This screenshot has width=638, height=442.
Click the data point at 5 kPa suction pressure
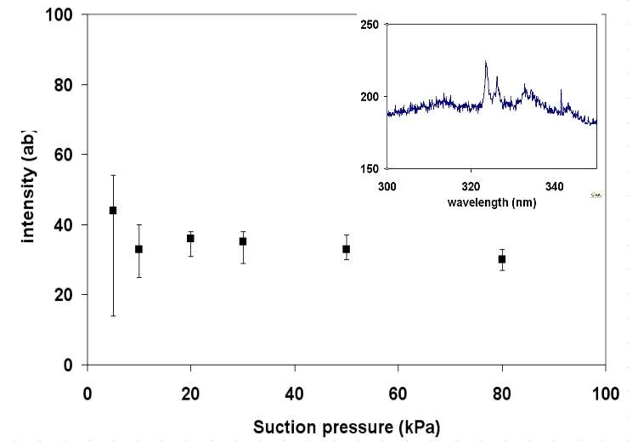tap(113, 210)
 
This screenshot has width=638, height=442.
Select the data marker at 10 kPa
tap(138, 249)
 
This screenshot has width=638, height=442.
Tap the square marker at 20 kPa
tap(190, 238)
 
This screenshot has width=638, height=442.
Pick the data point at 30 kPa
tap(242, 241)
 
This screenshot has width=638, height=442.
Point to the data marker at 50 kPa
tap(346, 249)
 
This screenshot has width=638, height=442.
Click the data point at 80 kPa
tap(501, 259)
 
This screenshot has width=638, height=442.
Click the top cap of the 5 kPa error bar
tap(113, 175)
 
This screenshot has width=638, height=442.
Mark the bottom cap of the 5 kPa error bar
tap(113, 315)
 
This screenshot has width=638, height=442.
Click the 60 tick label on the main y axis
tap(64, 155)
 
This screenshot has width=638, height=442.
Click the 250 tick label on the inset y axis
tap(368, 25)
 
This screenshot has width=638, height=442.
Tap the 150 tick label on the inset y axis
tap(368, 168)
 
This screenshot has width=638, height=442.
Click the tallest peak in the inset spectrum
tap(486, 62)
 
